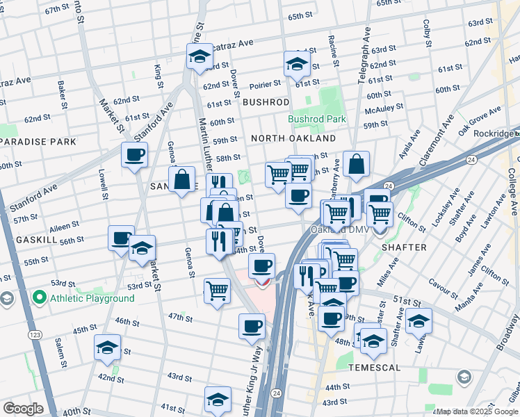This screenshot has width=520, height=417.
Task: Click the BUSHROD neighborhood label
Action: (266, 102)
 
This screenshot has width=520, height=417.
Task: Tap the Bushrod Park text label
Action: (317, 119)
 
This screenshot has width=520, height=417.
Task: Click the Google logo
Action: (23, 408)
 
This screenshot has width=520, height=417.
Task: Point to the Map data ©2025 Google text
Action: (477, 411)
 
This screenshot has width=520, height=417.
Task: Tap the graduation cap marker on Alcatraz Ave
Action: (200, 57)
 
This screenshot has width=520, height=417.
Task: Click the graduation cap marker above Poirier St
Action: (297, 65)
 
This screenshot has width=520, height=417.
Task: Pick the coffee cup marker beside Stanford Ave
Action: (134, 155)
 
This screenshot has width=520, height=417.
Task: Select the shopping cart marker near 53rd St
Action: (217, 291)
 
